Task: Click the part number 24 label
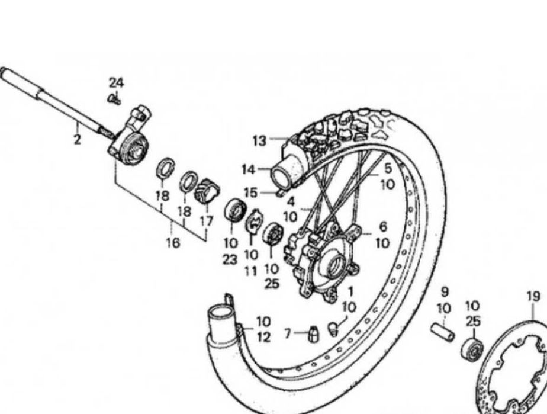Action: [x=117, y=83]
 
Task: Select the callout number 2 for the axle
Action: [x=77, y=139]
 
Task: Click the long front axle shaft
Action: [x=53, y=103]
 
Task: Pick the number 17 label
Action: [x=207, y=220]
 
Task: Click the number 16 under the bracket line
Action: [x=173, y=243]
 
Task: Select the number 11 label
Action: [x=251, y=270]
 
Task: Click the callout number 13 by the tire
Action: [x=259, y=140]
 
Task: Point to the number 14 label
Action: [x=248, y=170]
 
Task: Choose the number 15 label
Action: [x=251, y=192]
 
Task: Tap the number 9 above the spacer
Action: [x=445, y=291]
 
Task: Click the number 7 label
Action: [x=288, y=335]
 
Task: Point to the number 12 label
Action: [x=263, y=338]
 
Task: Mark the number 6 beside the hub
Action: [x=382, y=227]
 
